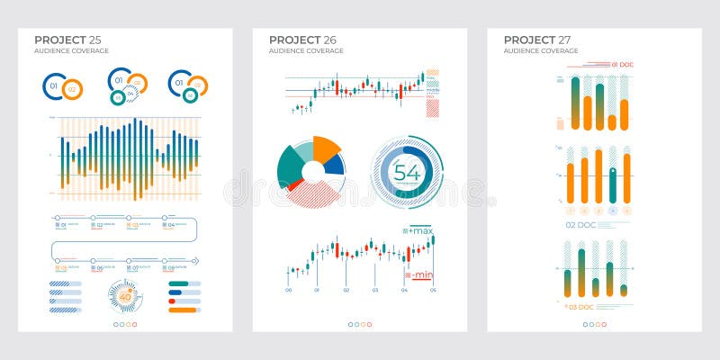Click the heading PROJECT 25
coord(67,40)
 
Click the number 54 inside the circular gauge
coord(407,173)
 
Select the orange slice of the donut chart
coord(325,148)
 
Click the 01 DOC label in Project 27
coord(624,65)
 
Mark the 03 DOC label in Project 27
coord(580,307)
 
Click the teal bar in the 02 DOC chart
coord(613,184)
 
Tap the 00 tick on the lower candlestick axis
coord(288,290)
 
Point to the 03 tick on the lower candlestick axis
coord(374,290)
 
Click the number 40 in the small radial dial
coord(124,293)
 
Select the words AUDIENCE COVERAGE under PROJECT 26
coord(306,51)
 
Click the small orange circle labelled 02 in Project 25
coord(73,89)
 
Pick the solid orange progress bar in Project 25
coord(184,310)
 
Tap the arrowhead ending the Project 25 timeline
coord(194,261)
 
